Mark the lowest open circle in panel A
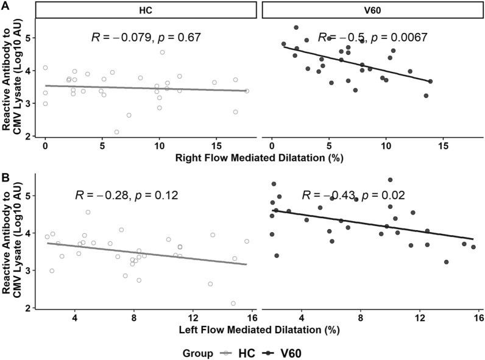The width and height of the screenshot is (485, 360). click(x=116, y=132)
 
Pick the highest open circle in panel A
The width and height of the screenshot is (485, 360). click(x=162, y=52)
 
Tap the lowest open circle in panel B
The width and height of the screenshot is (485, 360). click(x=233, y=303)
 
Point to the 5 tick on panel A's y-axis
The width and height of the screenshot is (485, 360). click(x=29, y=38)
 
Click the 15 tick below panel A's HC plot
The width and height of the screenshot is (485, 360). click(x=214, y=149)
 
